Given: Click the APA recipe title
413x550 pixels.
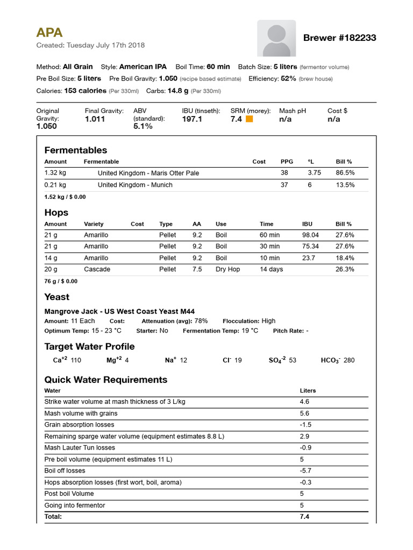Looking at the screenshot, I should pos(49,32).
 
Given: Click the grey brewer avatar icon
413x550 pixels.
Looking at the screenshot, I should pos(276,38).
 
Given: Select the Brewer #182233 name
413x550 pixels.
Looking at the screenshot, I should pos(339,38).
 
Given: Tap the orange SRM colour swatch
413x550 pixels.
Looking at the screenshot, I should pos(249,119).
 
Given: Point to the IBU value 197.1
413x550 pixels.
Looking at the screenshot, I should pos(192,119).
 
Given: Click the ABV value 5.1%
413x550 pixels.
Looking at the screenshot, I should pos(143,127).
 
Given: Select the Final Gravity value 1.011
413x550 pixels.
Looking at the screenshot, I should pos(95,119).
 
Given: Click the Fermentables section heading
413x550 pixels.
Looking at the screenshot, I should pos(76,150).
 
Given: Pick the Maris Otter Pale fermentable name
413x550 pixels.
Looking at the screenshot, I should pos(148,173).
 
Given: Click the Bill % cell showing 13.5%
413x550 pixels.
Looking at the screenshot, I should pos(345,185).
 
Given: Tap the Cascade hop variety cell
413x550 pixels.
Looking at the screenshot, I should pos(97,269).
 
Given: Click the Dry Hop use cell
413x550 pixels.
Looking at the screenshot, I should pos(227,269).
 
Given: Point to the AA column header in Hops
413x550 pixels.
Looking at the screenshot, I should pos(197,224).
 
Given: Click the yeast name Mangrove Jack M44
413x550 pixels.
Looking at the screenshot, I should pos(119,312).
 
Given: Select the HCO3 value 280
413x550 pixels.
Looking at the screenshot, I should pos(348,360).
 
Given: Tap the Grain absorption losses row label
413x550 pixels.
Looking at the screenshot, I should pos(79,425).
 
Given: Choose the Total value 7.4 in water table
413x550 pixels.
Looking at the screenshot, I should pos(304,517).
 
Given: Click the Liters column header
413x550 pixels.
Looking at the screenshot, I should pos(308,390).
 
